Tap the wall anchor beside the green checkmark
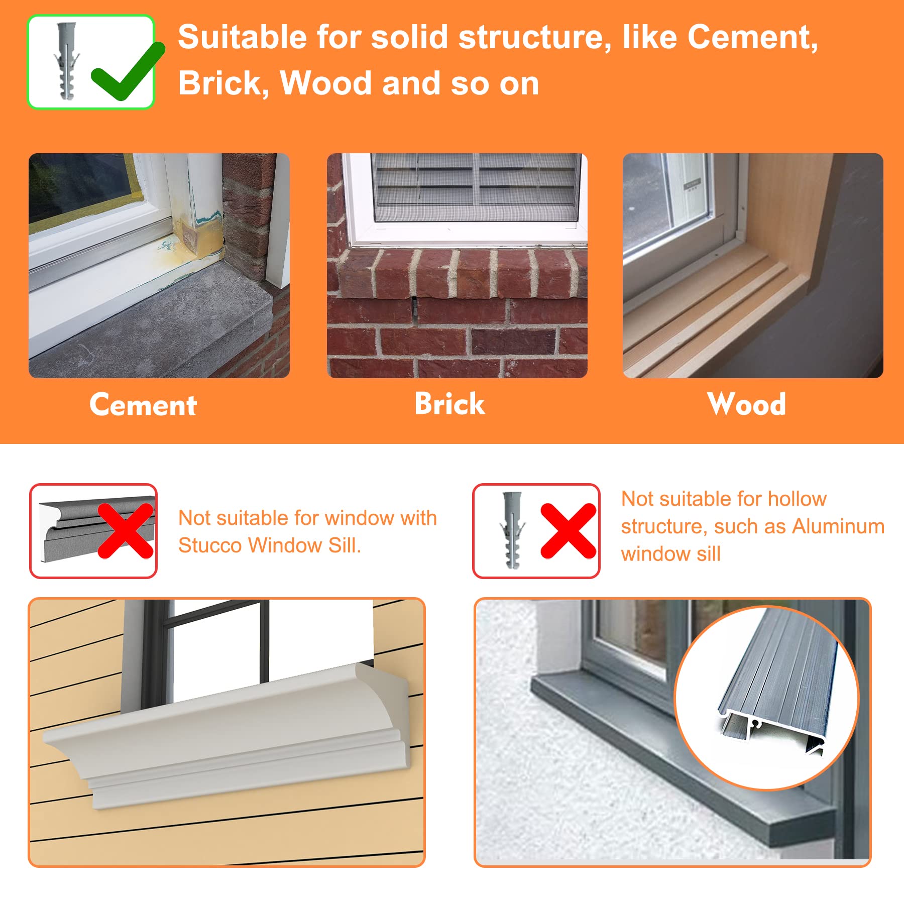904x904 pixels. click(x=67, y=61)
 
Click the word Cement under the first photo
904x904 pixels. click(x=143, y=405)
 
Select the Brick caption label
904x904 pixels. click(x=450, y=404)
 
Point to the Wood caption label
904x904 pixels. click(x=747, y=404)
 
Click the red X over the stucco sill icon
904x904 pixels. click(x=126, y=531)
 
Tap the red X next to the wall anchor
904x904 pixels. click(x=569, y=531)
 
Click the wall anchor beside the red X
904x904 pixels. click(x=512, y=530)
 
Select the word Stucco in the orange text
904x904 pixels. click(x=210, y=545)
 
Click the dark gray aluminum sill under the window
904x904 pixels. click(x=683, y=753)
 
